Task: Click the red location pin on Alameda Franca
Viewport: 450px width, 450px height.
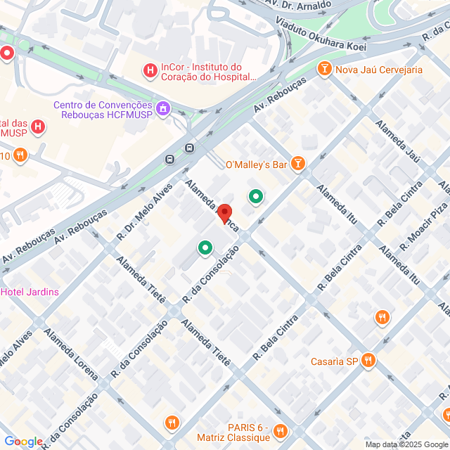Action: click(x=224, y=212)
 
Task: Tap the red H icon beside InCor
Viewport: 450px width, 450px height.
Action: click(x=150, y=70)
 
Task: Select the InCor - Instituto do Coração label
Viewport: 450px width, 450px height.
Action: click(x=201, y=72)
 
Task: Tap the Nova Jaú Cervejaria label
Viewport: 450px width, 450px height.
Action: click(x=378, y=70)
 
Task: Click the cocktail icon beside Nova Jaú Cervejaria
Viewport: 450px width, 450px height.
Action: click(x=324, y=69)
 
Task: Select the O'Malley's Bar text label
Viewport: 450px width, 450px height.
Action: click(x=256, y=165)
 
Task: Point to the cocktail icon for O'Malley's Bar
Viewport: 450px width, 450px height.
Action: click(x=299, y=165)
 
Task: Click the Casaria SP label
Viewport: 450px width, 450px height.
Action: click(x=334, y=362)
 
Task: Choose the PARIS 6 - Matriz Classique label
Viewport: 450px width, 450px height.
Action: click(x=233, y=432)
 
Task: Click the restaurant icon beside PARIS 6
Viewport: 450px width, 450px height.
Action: click(x=281, y=430)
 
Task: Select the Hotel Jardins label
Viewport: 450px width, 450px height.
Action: click(x=30, y=292)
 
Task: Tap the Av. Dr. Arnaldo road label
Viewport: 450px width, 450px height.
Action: click(x=298, y=5)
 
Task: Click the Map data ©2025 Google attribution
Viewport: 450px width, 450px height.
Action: click(x=406, y=444)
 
